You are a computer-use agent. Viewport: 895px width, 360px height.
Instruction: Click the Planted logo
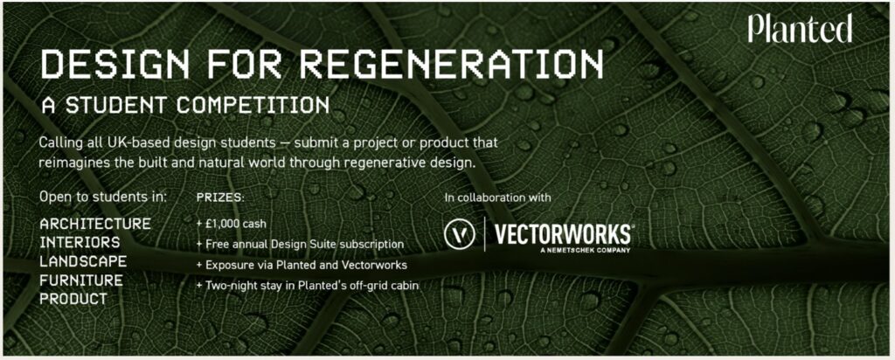[x=801, y=29]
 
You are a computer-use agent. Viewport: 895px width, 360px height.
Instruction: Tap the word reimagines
[x=71, y=163]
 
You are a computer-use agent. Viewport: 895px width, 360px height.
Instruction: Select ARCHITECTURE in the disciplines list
[x=95, y=224]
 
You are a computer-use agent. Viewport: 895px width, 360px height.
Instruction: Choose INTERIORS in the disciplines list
[x=80, y=242]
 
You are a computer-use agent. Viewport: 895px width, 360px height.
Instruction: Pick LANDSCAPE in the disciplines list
[x=83, y=261]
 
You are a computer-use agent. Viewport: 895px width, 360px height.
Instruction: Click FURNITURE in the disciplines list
[x=81, y=280]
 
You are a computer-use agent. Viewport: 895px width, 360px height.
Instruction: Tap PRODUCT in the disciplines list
[x=73, y=299]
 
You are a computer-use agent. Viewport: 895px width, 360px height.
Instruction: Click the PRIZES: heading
[x=220, y=198]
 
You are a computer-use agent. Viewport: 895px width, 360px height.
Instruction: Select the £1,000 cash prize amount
[x=231, y=225]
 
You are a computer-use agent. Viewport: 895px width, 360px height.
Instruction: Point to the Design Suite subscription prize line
[x=300, y=245]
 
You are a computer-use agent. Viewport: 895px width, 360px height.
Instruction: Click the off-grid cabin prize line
[x=307, y=286]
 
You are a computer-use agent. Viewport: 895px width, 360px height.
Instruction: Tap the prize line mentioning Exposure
[x=301, y=266]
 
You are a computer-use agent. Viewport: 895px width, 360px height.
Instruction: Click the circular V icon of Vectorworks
[x=460, y=235]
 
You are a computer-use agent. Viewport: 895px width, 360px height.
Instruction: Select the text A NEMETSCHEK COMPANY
[x=585, y=250]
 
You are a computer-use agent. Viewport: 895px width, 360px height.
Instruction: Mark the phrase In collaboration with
[x=497, y=198]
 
